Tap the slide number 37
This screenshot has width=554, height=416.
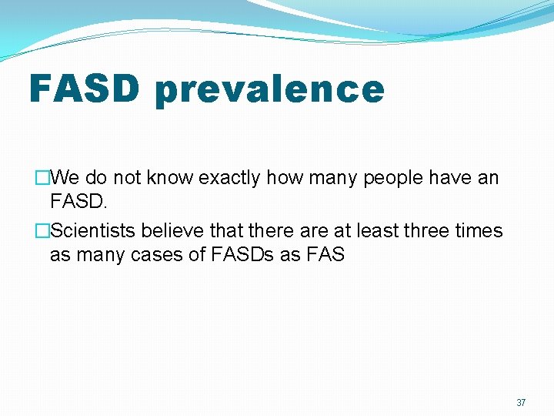click(x=521, y=403)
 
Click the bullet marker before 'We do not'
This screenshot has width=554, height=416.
click(x=43, y=179)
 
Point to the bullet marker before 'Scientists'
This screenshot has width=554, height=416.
click(x=43, y=231)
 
